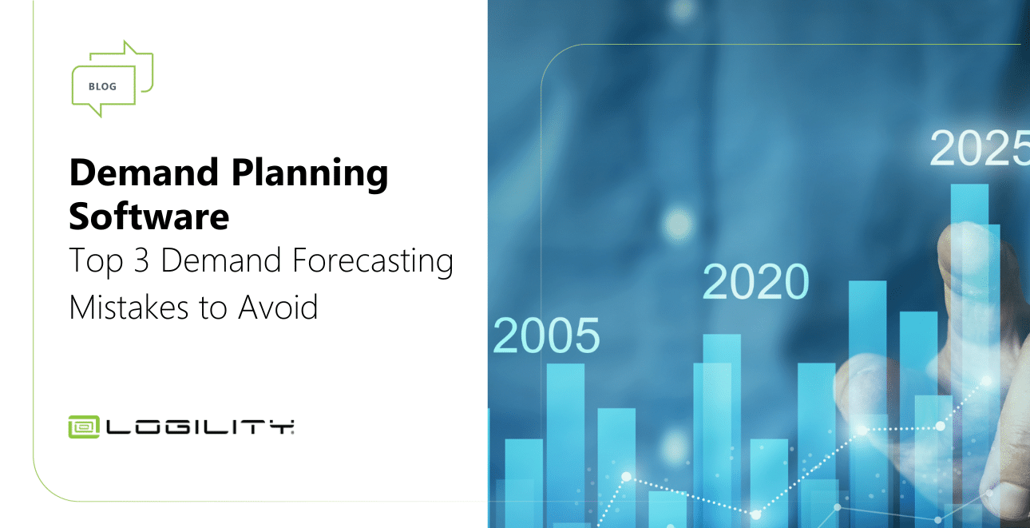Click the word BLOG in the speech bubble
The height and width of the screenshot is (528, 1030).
(102, 86)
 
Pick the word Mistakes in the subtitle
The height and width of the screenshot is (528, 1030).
(127, 307)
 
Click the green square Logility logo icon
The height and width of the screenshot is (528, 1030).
(84, 427)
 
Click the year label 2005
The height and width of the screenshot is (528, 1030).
(546, 335)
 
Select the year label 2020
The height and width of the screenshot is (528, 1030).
(755, 282)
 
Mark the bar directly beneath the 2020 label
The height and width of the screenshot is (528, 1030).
(722, 415)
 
